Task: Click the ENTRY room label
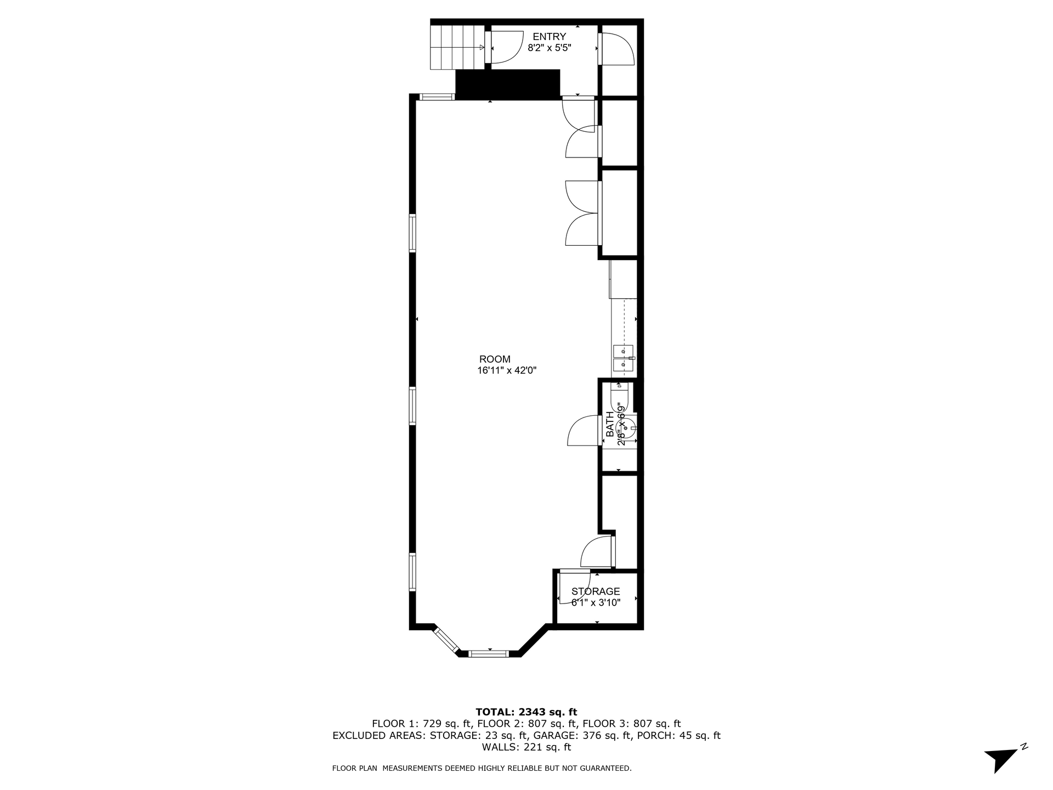[549, 37]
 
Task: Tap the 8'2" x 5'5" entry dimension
[550, 48]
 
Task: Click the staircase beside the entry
[457, 48]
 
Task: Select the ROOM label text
[495, 359]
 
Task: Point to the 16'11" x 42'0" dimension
[506, 371]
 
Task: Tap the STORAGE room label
[596, 591]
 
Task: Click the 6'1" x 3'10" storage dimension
[596, 603]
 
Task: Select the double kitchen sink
[623, 357]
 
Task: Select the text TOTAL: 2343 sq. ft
[526, 712]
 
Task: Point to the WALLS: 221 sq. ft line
[526, 747]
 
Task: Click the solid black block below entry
[507, 84]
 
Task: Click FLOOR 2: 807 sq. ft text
[526, 724]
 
